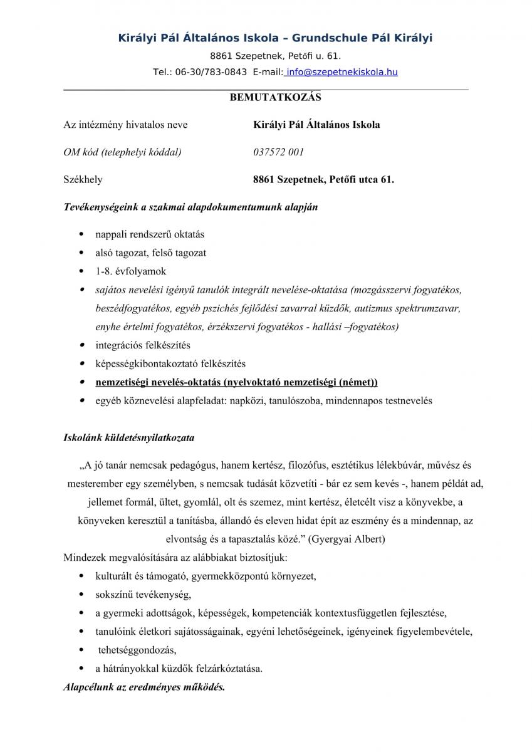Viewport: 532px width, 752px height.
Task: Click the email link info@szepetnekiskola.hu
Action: coord(342,72)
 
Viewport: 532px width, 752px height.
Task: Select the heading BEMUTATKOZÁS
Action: coord(266,97)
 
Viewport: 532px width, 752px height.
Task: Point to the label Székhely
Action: coord(83,179)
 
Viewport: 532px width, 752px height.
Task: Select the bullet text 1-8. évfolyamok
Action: coord(131,271)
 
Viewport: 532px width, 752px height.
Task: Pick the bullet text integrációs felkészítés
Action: coord(143,345)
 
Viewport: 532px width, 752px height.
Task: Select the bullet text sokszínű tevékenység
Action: coord(143,594)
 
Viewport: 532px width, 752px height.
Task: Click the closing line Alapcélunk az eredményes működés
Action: coord(144,687)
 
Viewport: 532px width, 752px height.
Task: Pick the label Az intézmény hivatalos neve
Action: coord(125,124)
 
